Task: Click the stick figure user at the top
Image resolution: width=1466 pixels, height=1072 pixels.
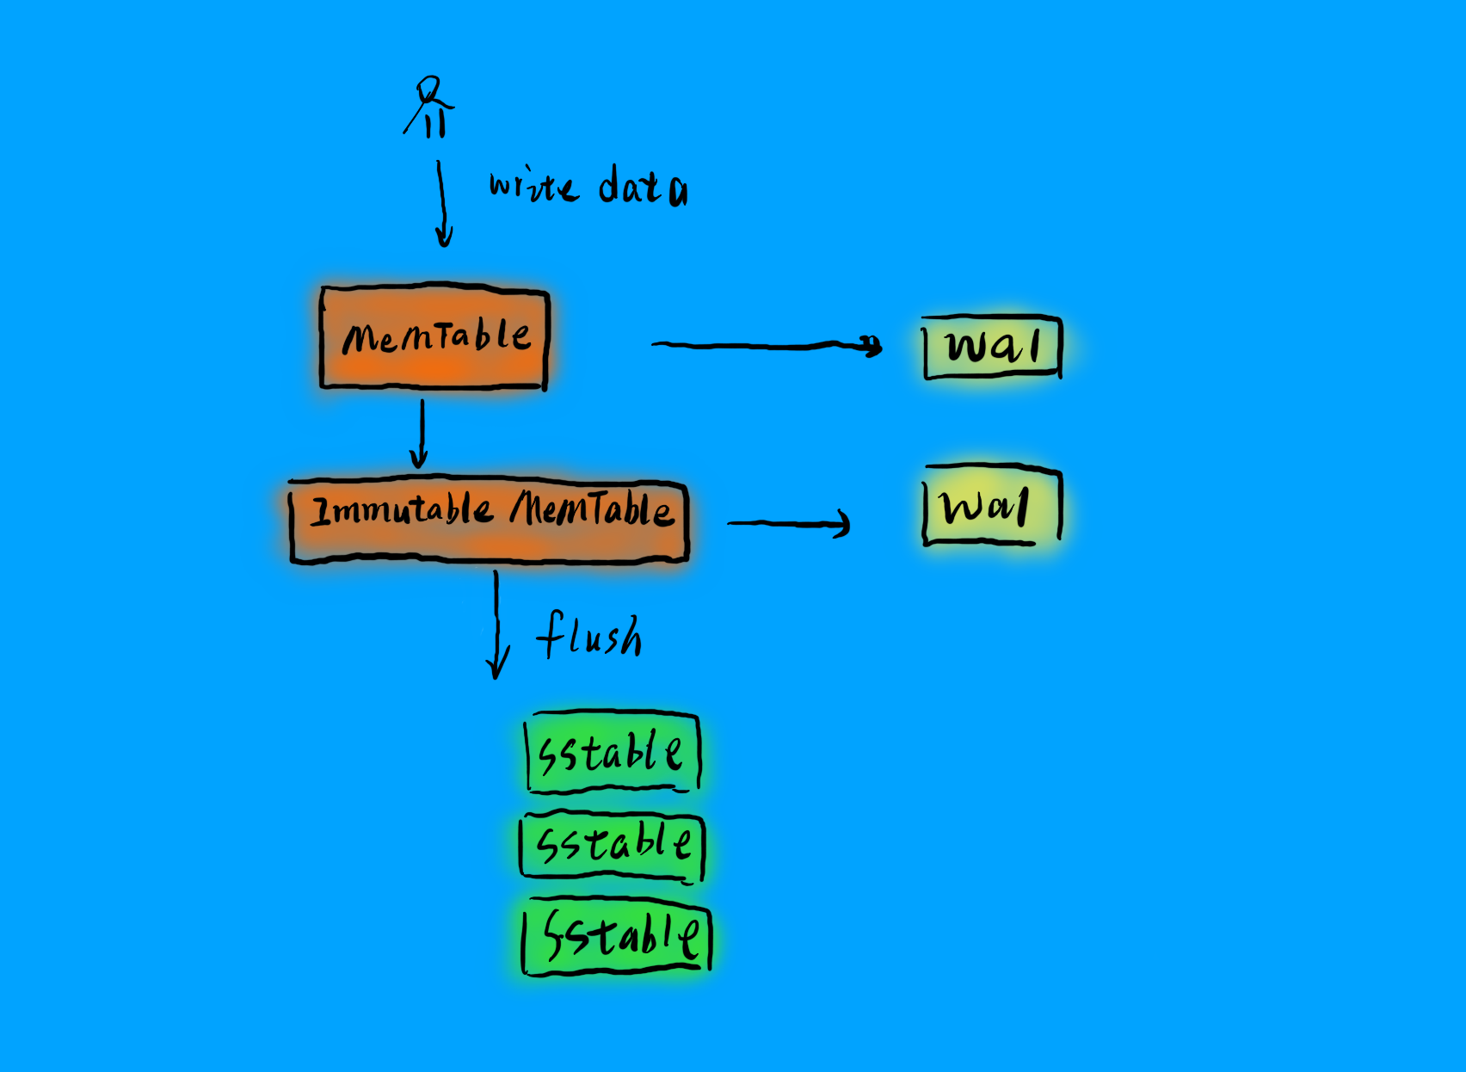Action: coord(429,108)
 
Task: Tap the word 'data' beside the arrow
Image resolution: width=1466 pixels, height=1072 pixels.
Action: coord(643,188)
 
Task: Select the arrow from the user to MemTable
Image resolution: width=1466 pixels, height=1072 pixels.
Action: coord(442,203)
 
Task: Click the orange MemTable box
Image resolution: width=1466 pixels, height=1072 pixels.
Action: coord(434,337)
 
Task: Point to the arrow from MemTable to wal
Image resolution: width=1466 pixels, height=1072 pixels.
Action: coord(766,345)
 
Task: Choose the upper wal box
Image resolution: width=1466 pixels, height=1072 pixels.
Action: coord(992,348)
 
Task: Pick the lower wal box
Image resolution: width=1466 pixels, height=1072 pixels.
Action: coord(991,506)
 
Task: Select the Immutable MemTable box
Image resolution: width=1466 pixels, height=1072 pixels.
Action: coord(489,521)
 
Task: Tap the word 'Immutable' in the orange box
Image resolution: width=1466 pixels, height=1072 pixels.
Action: coord(401,511)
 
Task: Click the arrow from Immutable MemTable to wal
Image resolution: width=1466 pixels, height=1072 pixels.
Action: coord(788,522)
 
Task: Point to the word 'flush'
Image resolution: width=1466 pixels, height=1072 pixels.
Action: coord(589,637)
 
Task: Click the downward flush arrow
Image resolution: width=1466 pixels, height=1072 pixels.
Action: coord(496,625)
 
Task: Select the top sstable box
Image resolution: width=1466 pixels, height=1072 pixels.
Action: coord(612,753)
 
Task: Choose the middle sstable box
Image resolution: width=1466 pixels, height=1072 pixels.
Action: coord(613,845)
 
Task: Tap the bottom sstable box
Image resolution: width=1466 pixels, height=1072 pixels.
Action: coord(617,936)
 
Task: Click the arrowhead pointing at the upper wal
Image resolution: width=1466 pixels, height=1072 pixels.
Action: coord(872,346)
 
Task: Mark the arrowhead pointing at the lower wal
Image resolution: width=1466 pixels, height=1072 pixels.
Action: coord(843,523)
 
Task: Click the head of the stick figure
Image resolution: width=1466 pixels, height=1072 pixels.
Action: coord(429,89)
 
